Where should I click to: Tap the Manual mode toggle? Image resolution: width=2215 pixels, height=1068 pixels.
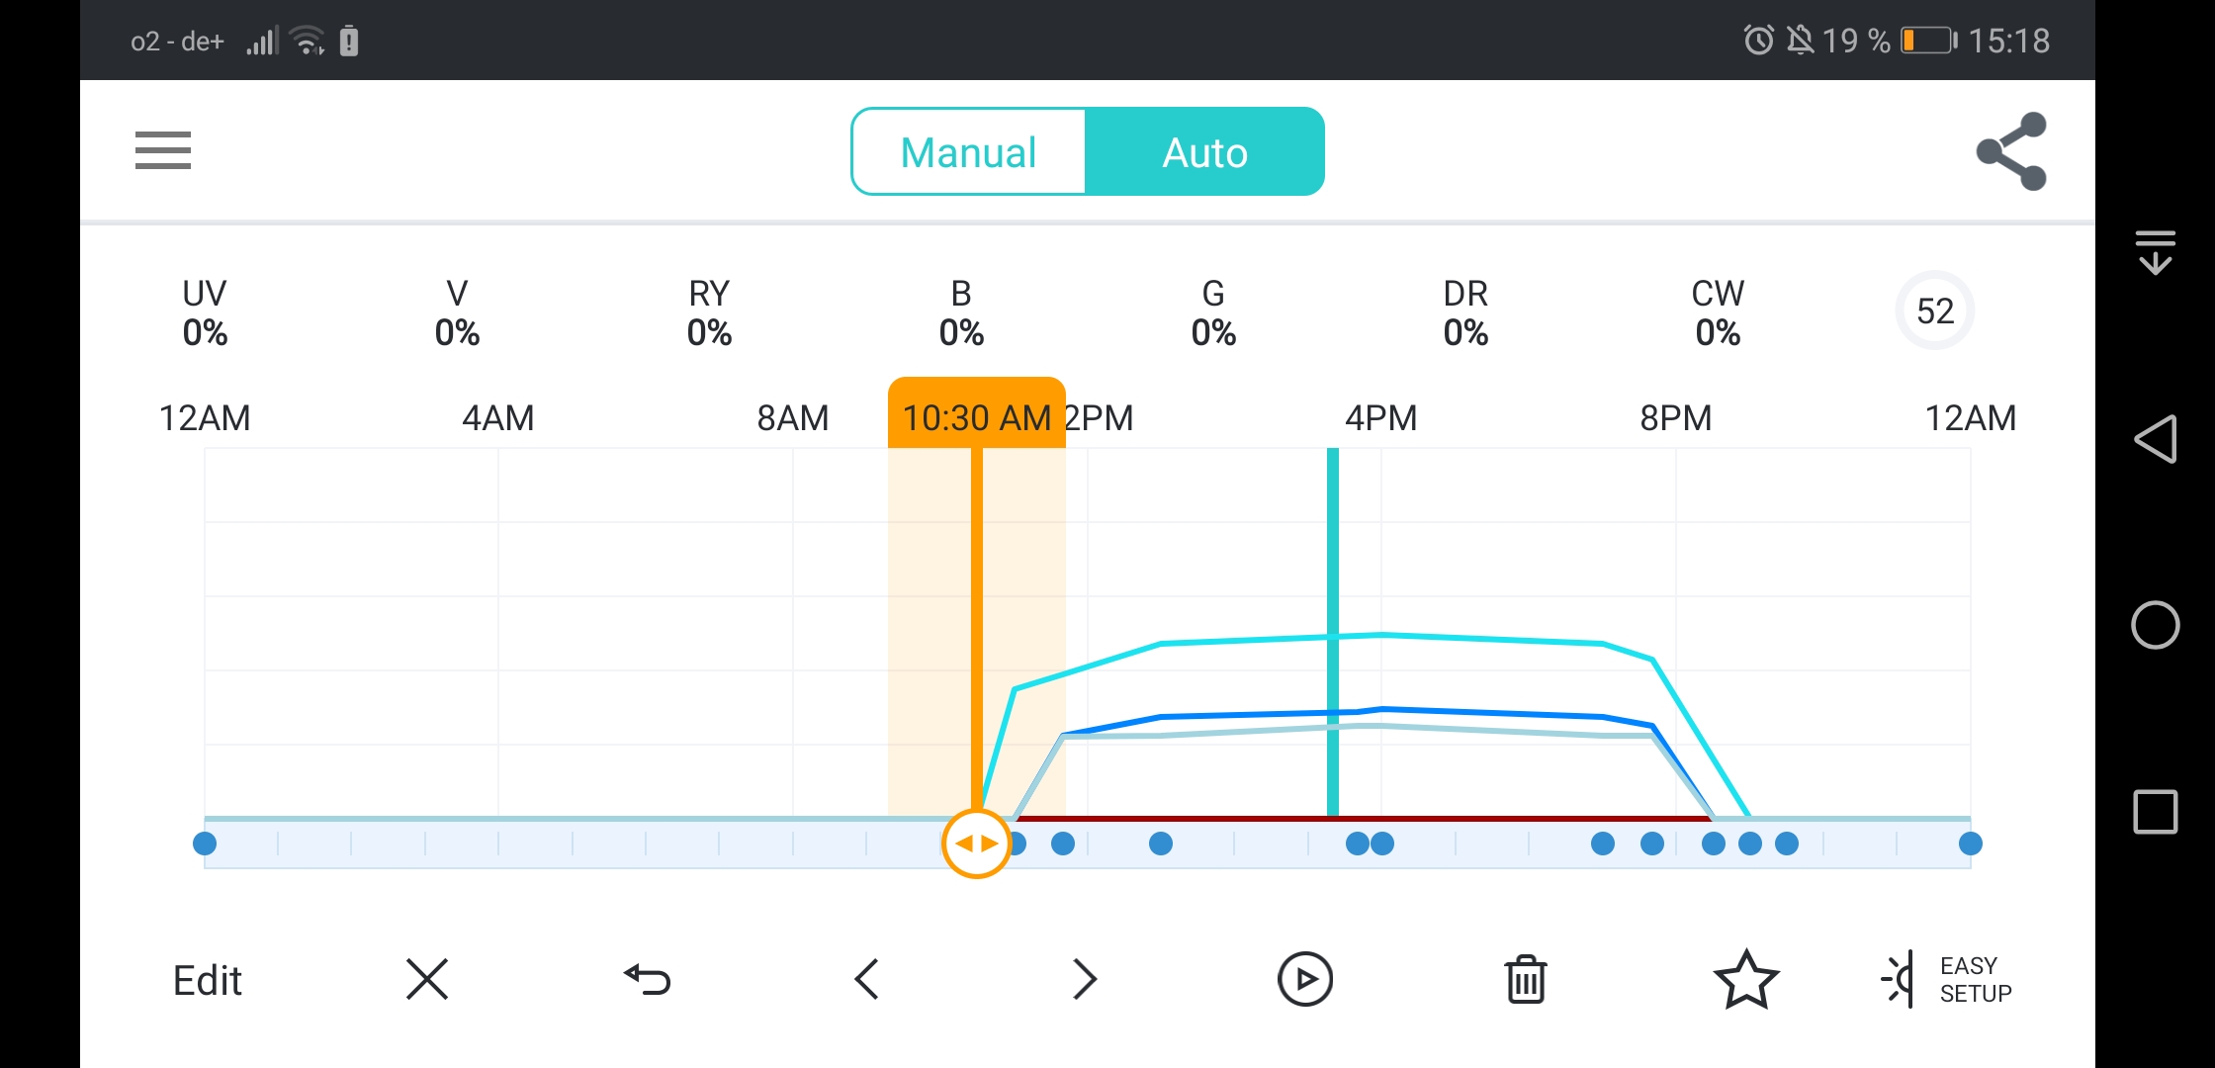[x=968, y=152]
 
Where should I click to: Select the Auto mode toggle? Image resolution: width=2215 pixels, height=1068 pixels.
[x=1204, y=152]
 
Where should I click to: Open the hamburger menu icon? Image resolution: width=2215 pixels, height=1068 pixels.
[x=163, y=150]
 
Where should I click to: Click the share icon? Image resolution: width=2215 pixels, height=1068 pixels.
[x=2011, y=151]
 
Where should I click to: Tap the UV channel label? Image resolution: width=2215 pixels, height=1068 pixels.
[x=205, y=294]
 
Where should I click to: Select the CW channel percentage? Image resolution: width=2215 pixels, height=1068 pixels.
[x=1718, y=333]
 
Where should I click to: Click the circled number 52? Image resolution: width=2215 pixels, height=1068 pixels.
[x=1935, y=311]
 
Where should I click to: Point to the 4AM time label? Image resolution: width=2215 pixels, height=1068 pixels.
[x=498, y=418]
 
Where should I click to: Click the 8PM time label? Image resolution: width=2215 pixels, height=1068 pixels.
[x=1676, y=418]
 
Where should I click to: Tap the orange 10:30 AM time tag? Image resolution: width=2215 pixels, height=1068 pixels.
[x=977, y=416]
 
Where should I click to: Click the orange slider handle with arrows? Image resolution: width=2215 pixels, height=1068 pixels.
[x=976, y=844]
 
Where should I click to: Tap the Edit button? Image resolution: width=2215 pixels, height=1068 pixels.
[x=208, y=981]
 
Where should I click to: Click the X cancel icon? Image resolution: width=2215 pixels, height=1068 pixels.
[x=427, y=980]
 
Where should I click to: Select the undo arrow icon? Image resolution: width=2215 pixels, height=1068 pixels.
[x=648, y=980]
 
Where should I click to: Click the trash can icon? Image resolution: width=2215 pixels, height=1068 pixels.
[x=1526, y=980]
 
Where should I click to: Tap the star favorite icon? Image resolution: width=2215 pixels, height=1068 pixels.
[x=1746, y=980]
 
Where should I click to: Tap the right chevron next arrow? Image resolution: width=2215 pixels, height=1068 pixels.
[x=1085, y=980]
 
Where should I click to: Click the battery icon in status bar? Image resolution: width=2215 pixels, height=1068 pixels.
[x=1928, y=41]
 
